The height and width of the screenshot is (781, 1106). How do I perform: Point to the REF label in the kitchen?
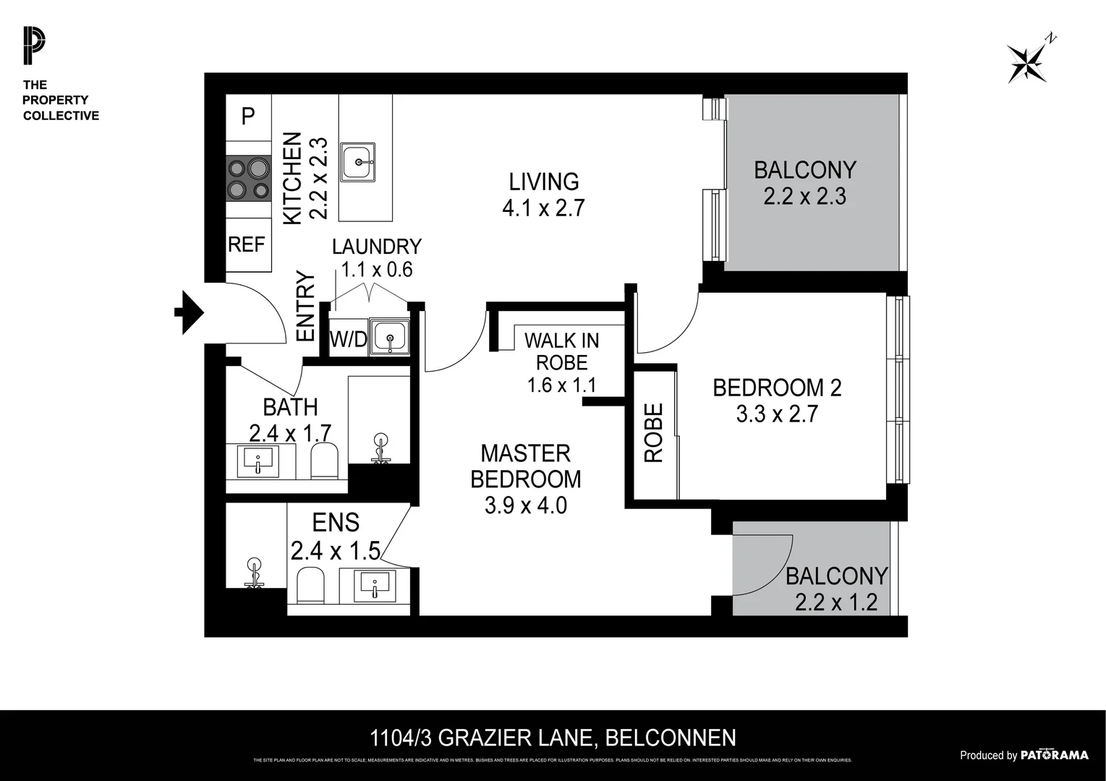pyautogui.click(x=247, y=245)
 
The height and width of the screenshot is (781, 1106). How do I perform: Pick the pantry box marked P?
pyautogui.click(x=248, y=116)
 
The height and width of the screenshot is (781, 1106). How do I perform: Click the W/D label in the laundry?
pyautogui.click(x=348, y=338)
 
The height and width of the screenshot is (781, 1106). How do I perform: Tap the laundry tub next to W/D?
pyautogui.click(x=389, y=338)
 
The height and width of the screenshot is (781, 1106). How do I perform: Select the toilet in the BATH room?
pyautogui.click(x=325, y=461)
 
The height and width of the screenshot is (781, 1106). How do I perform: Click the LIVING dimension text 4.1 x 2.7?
pyautogui.click(x=543, y=208)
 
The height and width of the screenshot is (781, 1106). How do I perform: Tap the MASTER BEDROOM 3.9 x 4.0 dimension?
pyautogui.click(x=526, y=505)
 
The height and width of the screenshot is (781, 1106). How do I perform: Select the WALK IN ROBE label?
pyautogui.click(x=562, y=351)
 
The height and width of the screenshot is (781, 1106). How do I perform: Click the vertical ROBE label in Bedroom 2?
pyautogui.click(x=653, y=432)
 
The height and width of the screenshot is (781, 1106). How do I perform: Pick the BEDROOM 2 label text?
pyautogui.click(x=777, y=388)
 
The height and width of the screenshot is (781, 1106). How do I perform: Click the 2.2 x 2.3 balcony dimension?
pyautogui.click(x=804, y=196)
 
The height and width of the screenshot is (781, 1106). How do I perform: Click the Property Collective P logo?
pyautogui.click(x=33, y=46)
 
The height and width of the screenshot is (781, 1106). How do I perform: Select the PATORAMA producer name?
pyautogui.click(x=1054, y=755)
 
